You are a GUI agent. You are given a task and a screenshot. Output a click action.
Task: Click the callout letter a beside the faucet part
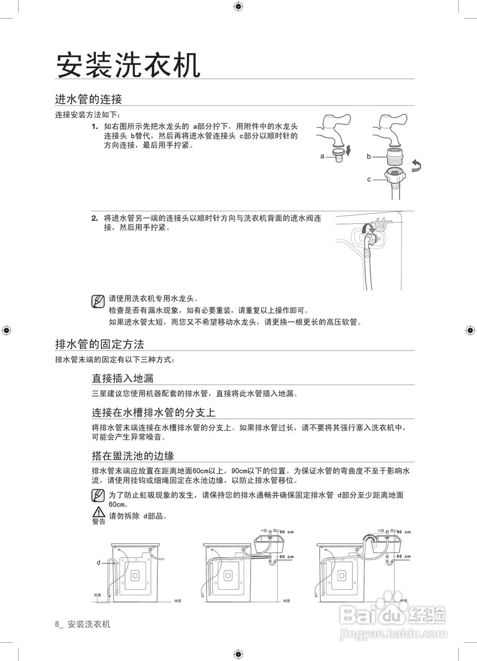coord(322,156)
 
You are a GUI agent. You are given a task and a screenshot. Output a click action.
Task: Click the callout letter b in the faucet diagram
coord(369,156)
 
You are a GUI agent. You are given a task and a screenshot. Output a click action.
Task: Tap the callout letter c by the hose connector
coord(369,179)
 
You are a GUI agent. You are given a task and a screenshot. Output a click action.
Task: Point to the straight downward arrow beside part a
coord(348,150)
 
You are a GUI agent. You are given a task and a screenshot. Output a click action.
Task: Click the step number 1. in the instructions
coord(94,127)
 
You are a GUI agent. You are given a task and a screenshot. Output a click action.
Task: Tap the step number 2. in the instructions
coord(94,218)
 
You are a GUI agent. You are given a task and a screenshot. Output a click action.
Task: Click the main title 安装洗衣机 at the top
coord(128,66)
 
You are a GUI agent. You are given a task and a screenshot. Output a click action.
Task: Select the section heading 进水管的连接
coord(88,99)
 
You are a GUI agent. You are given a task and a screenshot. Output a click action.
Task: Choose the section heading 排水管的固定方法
coord(100,344)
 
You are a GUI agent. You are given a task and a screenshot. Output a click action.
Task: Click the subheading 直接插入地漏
coord(122,379)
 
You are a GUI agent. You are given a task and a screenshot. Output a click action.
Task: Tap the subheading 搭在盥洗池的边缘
coord(133,455)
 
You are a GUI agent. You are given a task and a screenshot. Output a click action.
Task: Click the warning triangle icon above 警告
coord(98,512)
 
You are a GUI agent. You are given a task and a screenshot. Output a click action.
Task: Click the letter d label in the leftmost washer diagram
coord(98,562)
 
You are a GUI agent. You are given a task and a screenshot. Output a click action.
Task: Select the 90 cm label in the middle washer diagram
coord(287,532)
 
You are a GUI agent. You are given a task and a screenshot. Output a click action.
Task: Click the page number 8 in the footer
coord(57,624)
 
